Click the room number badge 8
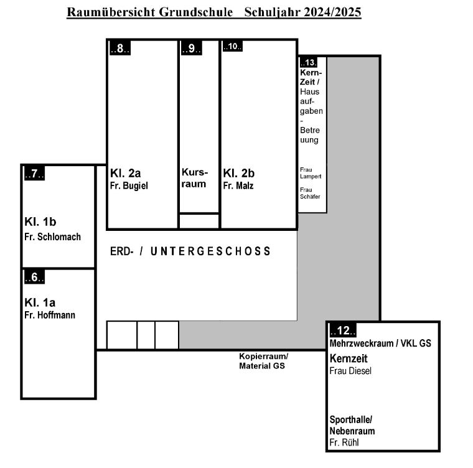coord(119,48)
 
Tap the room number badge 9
coord(191,48)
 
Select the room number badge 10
coord(232,46)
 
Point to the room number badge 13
coord(308,62)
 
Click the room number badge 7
coord(34,174)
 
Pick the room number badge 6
coord(34,277)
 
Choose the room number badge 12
coord(343,330)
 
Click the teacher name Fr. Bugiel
coord(129,186)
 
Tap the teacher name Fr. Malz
coord(238,185)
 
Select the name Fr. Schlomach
coord(52,237)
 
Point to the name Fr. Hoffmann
coord(50,315)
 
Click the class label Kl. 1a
coord(40,302)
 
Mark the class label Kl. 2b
coord(238,173)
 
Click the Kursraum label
coord(195,178)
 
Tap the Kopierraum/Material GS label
coord(264,361)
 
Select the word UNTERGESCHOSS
coord(210,251)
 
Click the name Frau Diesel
coord(350,371)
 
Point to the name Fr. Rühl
coord(344,442)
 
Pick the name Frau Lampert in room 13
coord(311,173)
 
